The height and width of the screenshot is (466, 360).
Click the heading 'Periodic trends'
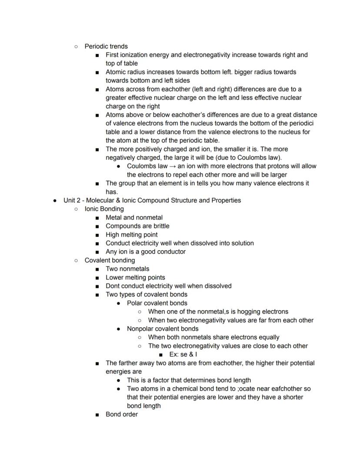point(106,46)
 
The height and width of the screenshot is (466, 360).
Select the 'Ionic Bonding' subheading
point(104,209)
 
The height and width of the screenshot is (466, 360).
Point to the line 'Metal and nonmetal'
point(134,218)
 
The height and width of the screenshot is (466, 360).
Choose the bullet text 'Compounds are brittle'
point(137,226)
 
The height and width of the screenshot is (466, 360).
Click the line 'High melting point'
point(131,235)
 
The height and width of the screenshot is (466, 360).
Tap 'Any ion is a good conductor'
point(146,251)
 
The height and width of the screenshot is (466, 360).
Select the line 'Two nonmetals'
point(127,269)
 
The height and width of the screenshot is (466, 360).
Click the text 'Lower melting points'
point(135,277)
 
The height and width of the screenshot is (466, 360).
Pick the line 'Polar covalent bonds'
point(157,303)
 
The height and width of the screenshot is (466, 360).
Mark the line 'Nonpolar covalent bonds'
point(163,329)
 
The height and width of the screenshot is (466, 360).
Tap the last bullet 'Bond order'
point(122,414)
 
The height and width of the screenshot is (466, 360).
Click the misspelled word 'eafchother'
point(292,389)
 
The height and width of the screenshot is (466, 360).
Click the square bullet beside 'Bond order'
point(97,415)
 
